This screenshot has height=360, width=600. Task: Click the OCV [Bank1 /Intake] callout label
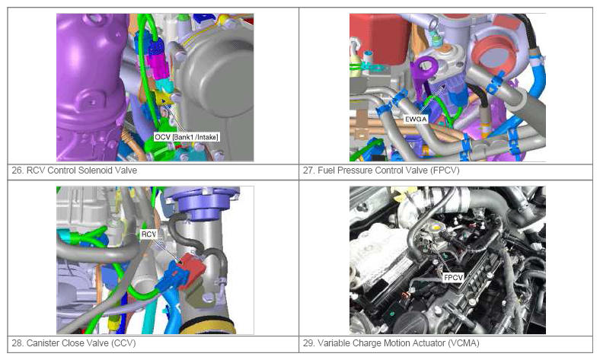tap(187, 137)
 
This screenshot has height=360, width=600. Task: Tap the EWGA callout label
tap(416, 119)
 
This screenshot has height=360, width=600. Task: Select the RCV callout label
tap(148, 234)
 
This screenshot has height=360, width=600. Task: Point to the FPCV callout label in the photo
tap(454, 277)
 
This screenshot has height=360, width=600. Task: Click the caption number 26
tap(18, 170)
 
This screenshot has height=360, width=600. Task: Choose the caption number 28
tap(18, 342)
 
